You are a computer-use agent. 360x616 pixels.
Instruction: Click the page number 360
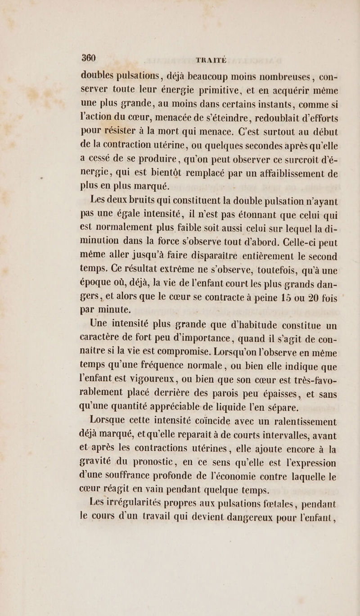coord(82,49)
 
